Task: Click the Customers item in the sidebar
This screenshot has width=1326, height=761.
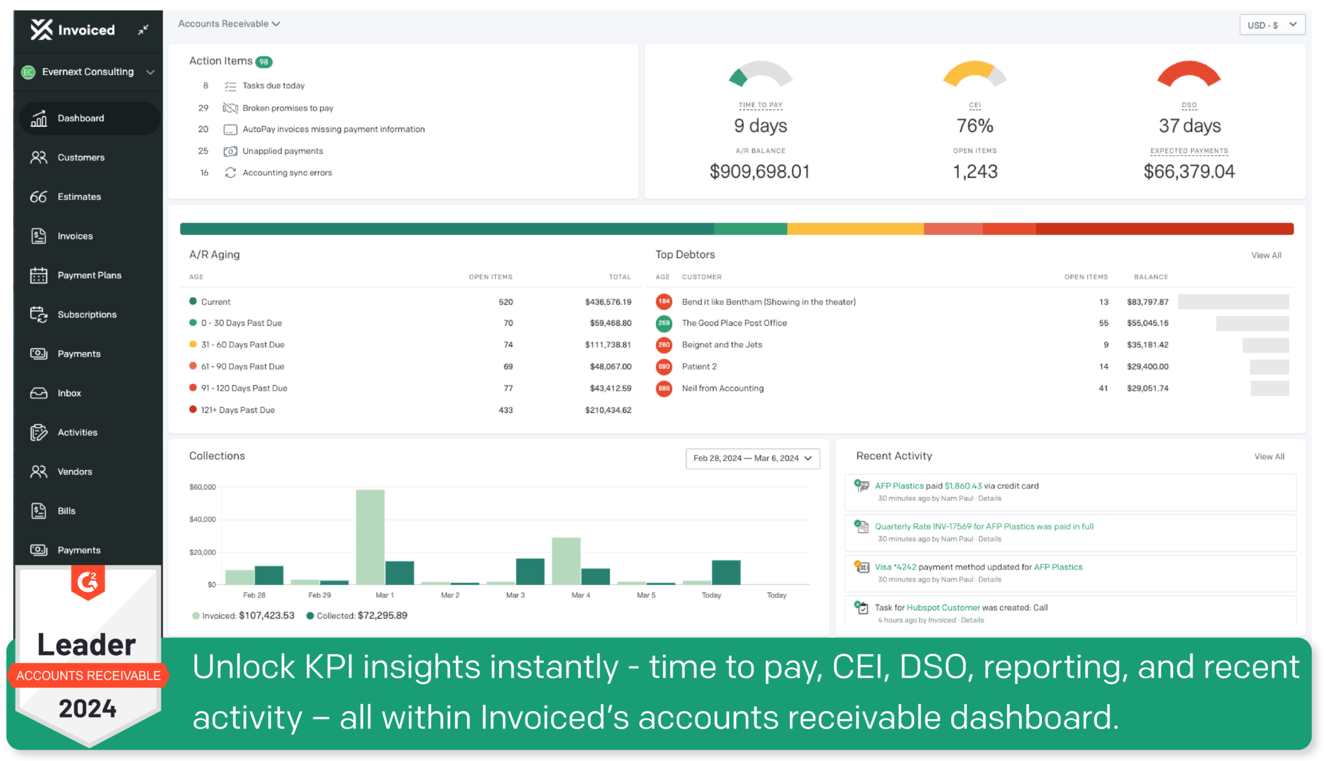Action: (x=80, y=157)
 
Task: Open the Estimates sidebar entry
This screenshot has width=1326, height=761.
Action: (x=79, y=197)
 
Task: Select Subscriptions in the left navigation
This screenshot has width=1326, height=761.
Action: (x=87, y=314)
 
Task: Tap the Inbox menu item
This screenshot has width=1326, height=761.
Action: (x=69, y=393)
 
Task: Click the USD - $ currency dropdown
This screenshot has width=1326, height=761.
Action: (x=1272, y=25)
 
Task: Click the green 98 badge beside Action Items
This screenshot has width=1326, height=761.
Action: (x=264, y=62)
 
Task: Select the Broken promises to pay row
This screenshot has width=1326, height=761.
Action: (x=287, y=108)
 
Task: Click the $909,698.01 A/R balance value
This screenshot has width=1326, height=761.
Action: (x=759, y=171)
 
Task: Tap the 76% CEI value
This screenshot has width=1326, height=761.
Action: (x=974, y=126)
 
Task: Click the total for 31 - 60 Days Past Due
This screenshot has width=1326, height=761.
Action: (x=607, y=345)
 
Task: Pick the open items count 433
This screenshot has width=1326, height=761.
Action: (x=506, y=410)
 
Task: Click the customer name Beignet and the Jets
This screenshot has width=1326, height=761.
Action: (x=721, y=345)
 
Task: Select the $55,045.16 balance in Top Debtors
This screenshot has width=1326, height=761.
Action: (x=1147, y=323)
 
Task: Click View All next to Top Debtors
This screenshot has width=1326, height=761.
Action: (x=1266, y=256)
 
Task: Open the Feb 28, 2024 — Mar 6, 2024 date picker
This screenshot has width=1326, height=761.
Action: (x=752, y=458)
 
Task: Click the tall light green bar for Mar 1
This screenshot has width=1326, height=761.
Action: (x=370, y=537)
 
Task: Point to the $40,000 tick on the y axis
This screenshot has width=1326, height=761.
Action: (x=202, y=520)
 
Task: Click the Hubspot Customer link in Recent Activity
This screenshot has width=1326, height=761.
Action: (x=943, y=608)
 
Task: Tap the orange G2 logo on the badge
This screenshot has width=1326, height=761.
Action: (x=88, y=582)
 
